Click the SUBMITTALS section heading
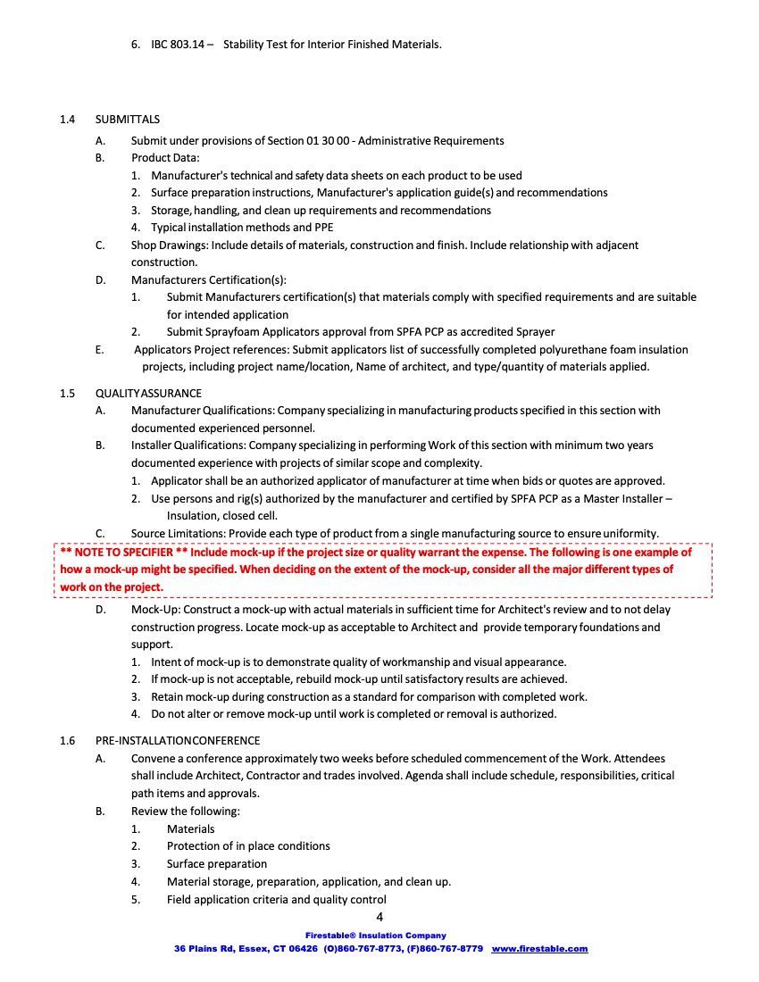tap(128, 120)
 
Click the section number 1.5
tap(68, 394)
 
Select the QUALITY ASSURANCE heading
tap(148, 394)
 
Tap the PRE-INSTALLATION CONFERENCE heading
tap(178, 741)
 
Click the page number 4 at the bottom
tap(379, 918)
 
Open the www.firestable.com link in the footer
tap(539, 949)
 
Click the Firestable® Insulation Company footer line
tap(379, 936)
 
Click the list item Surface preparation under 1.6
tap(217, 864)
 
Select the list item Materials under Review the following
tap(191, 829)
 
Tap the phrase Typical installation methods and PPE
tap(242, 228)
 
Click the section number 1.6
tap(68, 741)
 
